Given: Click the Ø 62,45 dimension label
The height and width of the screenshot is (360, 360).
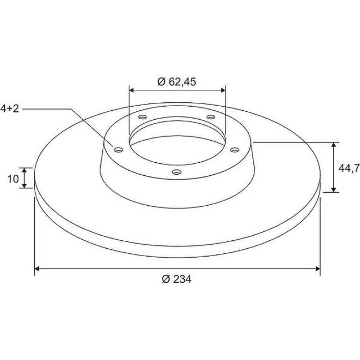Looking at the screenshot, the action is (x=177, y=82).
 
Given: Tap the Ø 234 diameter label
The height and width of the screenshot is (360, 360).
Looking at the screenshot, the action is (x=177, y=279).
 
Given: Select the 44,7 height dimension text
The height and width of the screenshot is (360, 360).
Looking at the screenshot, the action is (x=349, y=168).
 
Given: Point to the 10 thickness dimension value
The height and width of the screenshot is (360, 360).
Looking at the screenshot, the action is (x=13, y=179).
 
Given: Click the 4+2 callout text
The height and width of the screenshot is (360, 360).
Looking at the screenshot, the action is (x=10, y=108).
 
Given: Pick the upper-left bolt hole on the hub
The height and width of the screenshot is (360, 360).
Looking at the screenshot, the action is (x=143, y=117).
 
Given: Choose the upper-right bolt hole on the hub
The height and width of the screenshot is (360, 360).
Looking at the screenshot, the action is (x=211, y=117).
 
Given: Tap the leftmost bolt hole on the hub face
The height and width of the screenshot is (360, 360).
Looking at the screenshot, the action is (x=118, y=150).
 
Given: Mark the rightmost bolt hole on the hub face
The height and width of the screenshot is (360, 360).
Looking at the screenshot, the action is (x=235, y=150).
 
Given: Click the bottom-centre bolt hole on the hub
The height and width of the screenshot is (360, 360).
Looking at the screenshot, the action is (x=177, y=172).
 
